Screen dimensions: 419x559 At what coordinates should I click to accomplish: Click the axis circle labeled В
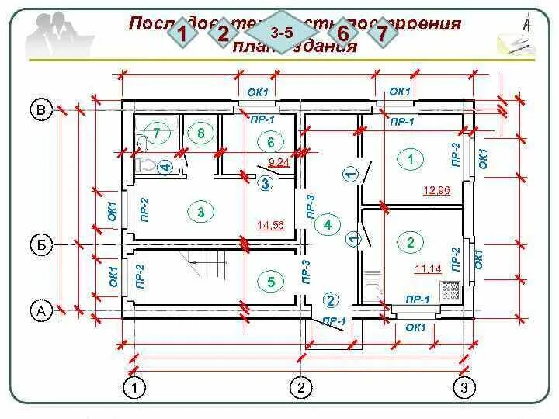pos(41,109)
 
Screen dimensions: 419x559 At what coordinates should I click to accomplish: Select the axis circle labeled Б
pos(41,245)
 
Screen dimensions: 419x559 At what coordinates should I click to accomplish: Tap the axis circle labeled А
pos(41,311)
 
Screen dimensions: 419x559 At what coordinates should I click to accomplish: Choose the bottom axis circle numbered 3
pos(464,386)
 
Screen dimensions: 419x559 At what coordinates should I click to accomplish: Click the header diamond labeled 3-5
pos(281,33)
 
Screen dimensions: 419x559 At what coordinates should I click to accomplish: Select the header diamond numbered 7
pos(381,33)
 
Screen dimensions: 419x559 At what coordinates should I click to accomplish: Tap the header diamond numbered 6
pos(342,33)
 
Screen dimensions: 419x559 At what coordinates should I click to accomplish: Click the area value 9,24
pos(279,162)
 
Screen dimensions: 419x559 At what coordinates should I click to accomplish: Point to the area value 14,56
pos(271,225)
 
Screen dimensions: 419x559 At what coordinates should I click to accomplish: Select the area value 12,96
pos(436,189)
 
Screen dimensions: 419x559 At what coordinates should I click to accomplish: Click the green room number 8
pos(200,133)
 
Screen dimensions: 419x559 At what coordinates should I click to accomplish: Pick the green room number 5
pos(271,282)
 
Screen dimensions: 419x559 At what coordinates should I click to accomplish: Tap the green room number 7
pos(156,133)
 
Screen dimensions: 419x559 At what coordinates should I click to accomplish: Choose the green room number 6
pos(271,142)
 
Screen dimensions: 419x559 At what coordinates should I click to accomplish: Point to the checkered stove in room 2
pos(451,290)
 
